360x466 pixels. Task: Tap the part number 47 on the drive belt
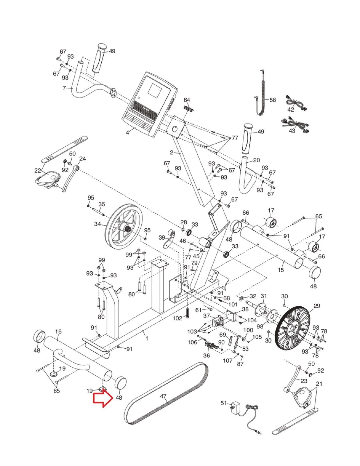(163, 396)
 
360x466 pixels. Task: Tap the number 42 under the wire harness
(291, 110)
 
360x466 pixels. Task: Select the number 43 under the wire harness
(292, 131)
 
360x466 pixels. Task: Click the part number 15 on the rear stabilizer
(280, 270)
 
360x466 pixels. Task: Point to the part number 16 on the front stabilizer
(58, 331)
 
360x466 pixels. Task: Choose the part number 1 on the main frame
(147, 338)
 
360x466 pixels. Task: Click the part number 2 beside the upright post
(172, 152)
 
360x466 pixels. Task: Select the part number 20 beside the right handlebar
(256, 160)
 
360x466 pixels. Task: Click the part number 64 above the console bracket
(187, 100)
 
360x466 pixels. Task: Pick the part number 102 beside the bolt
(177, 318)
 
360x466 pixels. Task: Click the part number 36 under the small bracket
(207, 356)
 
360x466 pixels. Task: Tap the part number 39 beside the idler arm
(162, 237)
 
